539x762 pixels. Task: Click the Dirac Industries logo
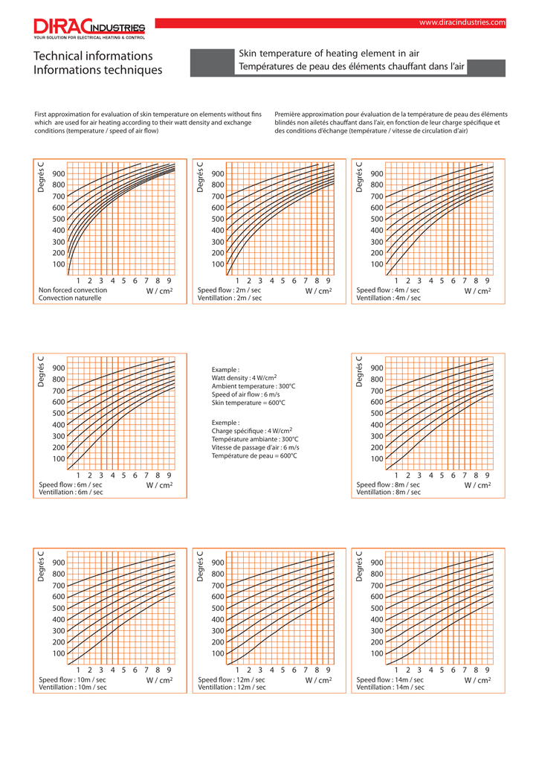pyautogui.click(x=89, y=29)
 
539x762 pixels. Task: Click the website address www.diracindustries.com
pyautogui.click(x=462, y=23)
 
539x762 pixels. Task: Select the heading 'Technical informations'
pyautogui.click(x=93, y=56)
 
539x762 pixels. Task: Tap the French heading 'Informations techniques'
pyautogui.click(x=97, y=70)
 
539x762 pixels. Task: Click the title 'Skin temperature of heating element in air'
pyautogui.click(x=329, y=54)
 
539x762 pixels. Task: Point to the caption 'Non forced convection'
pyautogui.click(x=73, y=290)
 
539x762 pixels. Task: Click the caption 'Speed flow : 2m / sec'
pyautogui.click(x=229, y=290)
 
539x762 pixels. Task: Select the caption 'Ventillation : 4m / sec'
pyautogui.click(x=388, y=298)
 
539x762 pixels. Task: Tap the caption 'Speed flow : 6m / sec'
pyautogui.click(x=71, y=484)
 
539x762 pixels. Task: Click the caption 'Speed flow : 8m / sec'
pyautogui.click(x=388, y=484)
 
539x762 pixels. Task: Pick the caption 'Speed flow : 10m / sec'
pyautogui.click(x=72, y=679)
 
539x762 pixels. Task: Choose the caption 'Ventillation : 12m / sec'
pyautogui.click(x=231, y=688)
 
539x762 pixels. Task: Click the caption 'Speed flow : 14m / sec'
pyautogui.click(x=390, y=679)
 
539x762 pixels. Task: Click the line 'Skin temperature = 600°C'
pyautogui.click(x=248, y=403)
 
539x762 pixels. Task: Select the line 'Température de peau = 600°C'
pyautogui.click(x=254, y=455)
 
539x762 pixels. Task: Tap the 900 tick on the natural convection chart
pyautogui.click(x=59, y=173)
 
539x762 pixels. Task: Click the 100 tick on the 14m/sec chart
pyautogui.click(x=377, y=653)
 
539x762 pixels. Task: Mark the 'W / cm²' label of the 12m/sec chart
pyautogui.click(x=318, y=680)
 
